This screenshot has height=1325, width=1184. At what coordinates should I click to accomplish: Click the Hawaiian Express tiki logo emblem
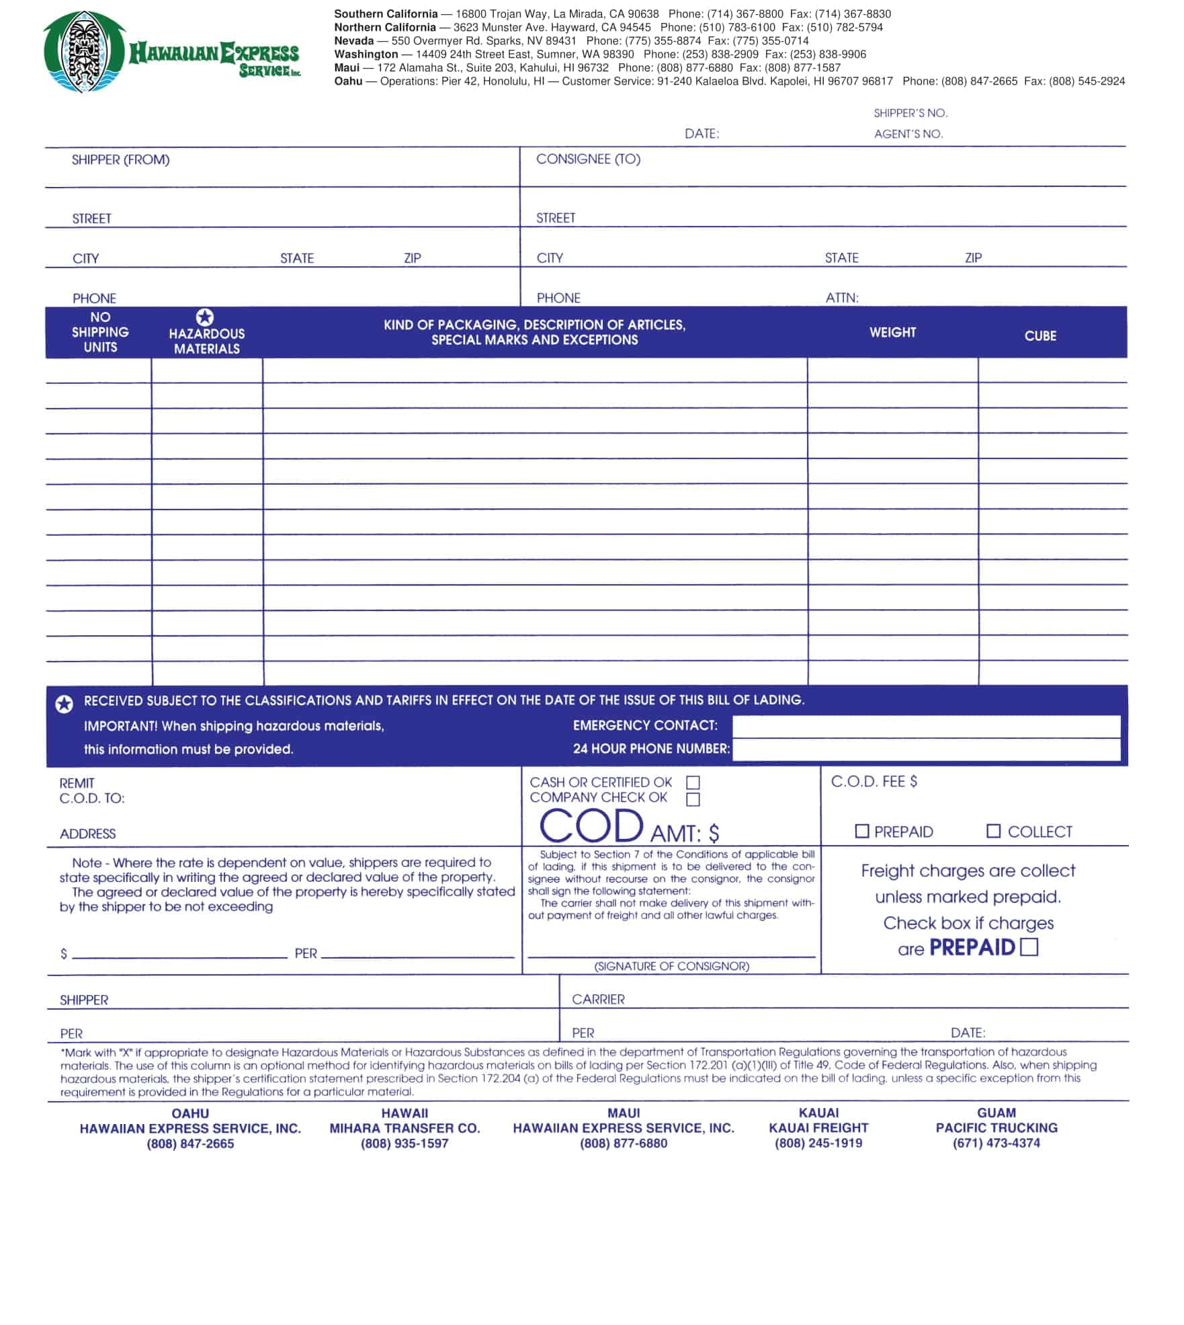coord(85,52)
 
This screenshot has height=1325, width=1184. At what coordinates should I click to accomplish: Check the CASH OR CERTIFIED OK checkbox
coord(693,782)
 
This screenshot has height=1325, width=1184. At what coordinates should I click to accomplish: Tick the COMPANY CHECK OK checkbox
coord(693,799)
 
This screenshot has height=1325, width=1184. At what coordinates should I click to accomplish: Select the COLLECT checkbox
coord(993,831)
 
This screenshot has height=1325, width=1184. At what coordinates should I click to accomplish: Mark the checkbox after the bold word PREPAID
coord(1029,947)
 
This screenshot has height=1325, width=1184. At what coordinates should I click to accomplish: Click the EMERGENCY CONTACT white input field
coord(925,726)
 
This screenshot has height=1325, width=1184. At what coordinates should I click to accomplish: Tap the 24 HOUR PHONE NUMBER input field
coord(925,750)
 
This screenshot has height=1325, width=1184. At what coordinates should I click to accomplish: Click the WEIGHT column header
coord(892,333)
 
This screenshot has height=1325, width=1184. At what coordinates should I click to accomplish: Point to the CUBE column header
coord(1040,336)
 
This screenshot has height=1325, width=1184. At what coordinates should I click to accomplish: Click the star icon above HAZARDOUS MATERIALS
coord(205,317)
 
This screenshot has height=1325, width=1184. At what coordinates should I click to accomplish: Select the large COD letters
coord(591,826)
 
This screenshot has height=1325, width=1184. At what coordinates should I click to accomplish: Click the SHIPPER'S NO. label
coord(910,113)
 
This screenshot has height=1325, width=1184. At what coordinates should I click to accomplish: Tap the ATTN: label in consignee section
coord(841,298)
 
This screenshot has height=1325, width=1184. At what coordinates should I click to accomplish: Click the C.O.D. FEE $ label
coord(873,781)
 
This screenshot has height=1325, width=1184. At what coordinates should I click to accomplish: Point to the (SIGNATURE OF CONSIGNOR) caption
coord(671,966)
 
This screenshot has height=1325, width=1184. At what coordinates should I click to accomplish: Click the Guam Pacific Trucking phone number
coord(996,1143)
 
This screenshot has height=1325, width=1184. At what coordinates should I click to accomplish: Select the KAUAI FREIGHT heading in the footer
coord(818,1128)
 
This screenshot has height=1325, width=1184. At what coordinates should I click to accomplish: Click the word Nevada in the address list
coord(353,41)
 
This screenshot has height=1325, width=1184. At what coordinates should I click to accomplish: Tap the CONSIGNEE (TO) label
coord(588,159)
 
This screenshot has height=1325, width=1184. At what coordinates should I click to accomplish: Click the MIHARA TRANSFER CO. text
coord(405,1128)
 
